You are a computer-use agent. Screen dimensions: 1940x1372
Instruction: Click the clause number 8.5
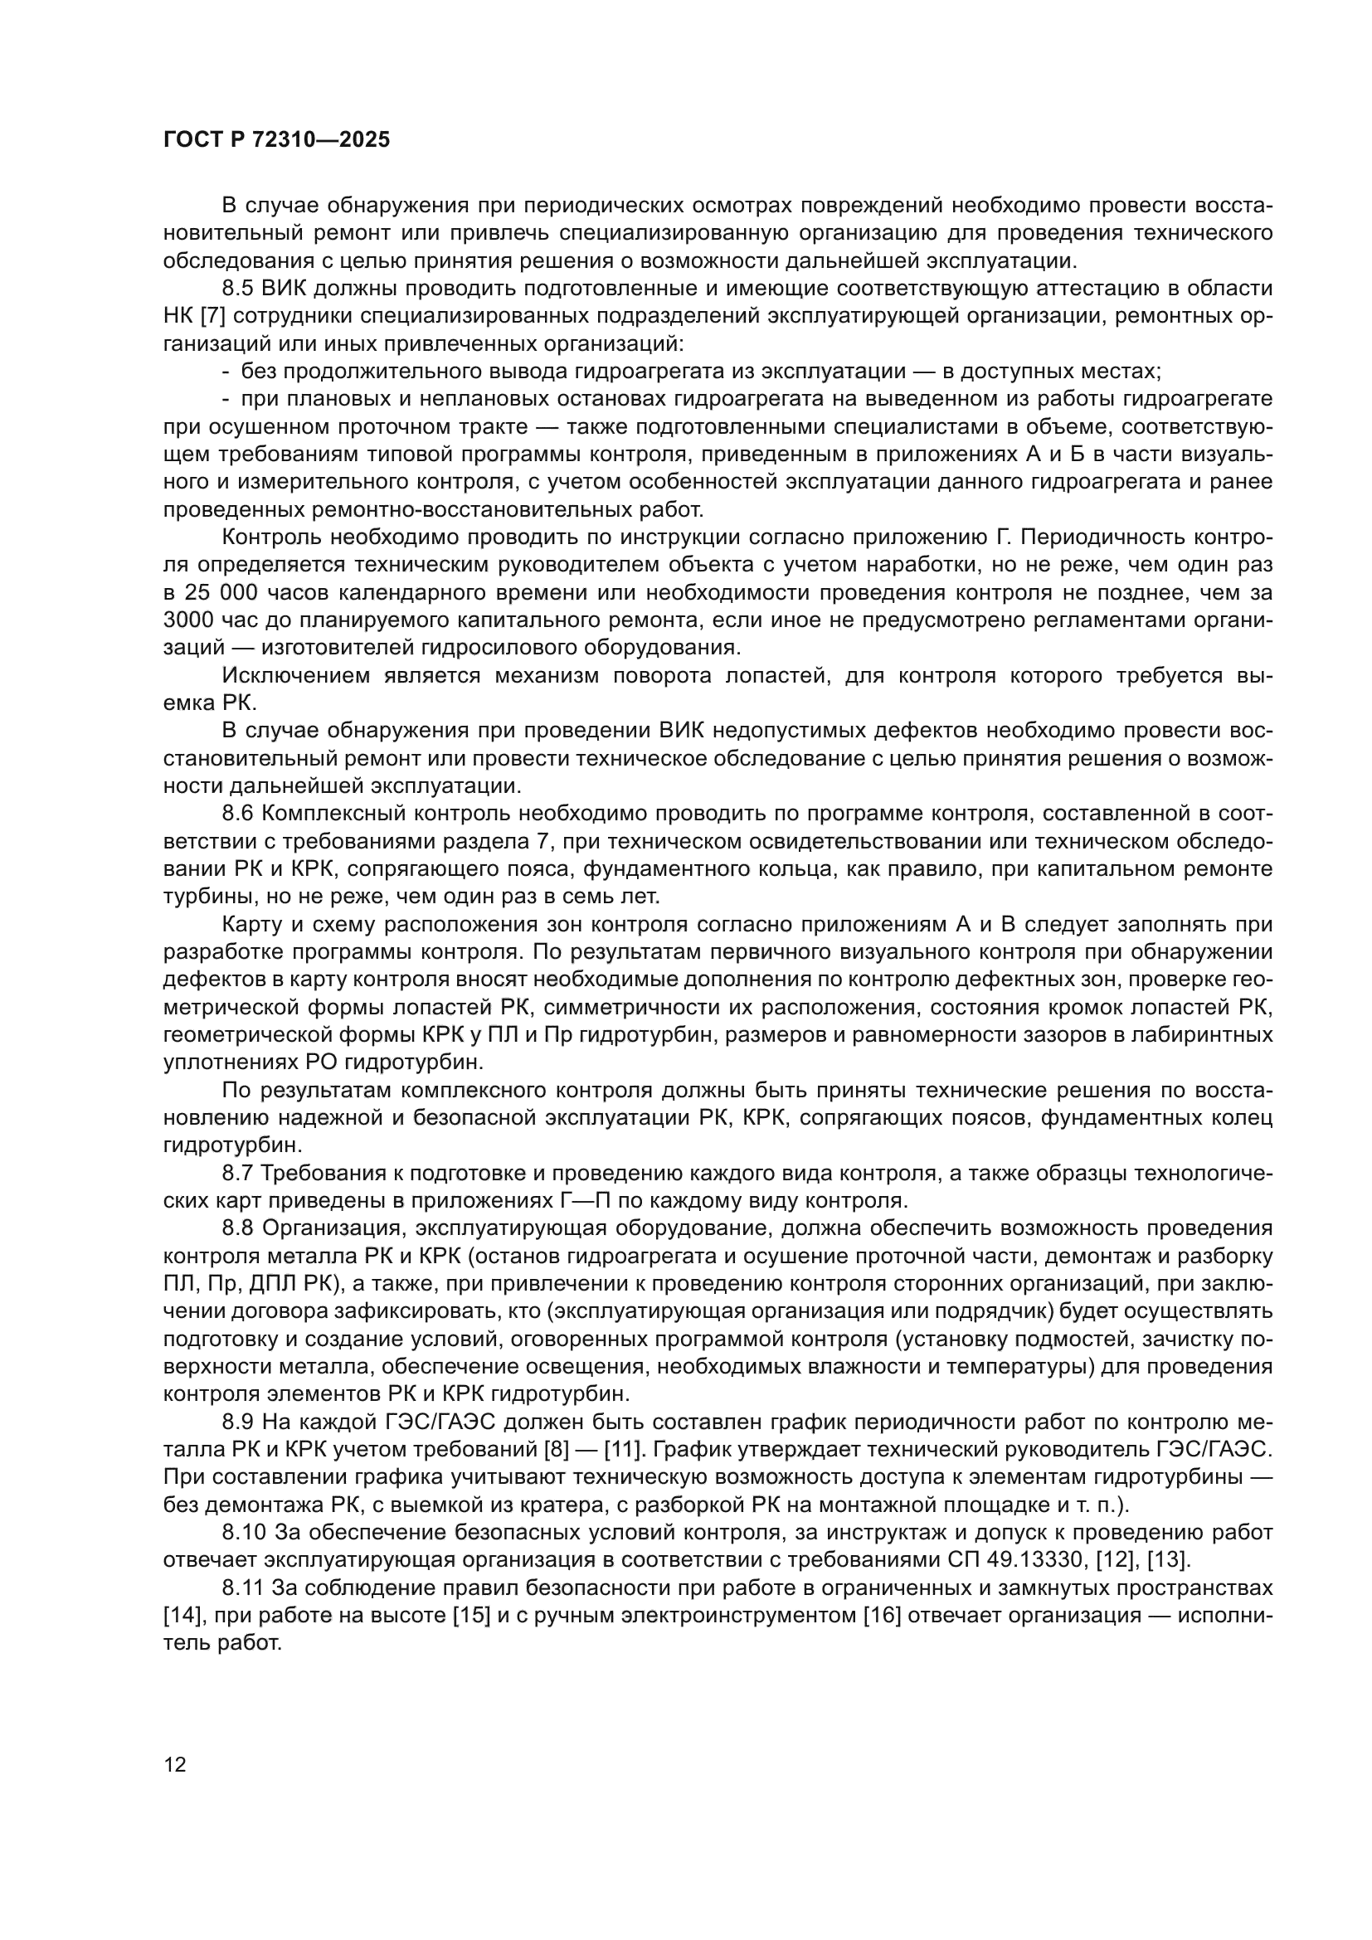point(237,289)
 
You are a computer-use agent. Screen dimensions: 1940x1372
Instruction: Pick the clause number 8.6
point(237,814)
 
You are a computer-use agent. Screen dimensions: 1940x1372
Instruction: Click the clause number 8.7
point(237,1173)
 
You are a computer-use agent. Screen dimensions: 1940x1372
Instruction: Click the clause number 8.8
point(237,1228)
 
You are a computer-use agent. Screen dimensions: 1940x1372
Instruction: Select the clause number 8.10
point(243,1532)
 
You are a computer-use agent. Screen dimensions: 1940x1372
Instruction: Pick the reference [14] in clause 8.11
point(180,1615)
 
